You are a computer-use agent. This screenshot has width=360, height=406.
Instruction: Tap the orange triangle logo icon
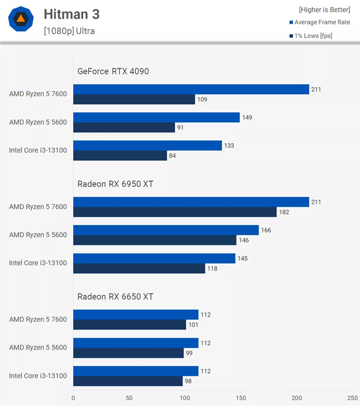pos(21,20)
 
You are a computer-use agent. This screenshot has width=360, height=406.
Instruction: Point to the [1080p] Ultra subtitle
pos(69,31)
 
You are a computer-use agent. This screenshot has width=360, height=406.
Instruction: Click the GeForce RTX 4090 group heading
pos(113,71)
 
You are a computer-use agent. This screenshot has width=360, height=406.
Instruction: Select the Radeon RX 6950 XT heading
pos(116,184)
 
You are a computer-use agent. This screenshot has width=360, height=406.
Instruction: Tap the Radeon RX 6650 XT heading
pos(116,296)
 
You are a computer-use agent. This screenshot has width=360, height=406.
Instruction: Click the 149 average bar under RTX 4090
pos(156,118)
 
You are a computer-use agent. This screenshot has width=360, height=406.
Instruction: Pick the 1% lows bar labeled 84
pos(120,155)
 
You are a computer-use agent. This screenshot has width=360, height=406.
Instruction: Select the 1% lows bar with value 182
pos(175,212)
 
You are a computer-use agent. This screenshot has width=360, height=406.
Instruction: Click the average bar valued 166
pos(166,230)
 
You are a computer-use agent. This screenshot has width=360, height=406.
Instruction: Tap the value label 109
pos(202,99)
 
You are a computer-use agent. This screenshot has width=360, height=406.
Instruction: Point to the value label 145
pos(243,258)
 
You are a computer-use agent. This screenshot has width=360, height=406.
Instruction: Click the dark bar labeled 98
pos(128,380)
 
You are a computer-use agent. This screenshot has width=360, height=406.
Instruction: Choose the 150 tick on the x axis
pos(241,398)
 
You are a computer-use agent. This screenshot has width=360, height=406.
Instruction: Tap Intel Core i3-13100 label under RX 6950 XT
pos(38,263)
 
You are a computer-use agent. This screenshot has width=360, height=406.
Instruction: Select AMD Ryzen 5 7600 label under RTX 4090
pos(38,94)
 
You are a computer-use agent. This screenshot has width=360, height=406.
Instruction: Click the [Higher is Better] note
pos(325,10)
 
